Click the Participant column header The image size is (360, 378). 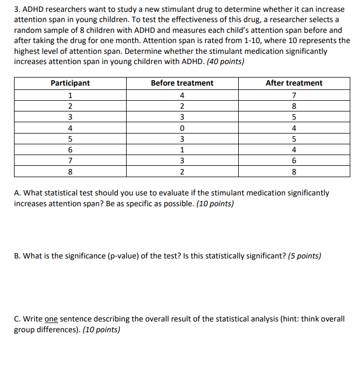coord(70,83)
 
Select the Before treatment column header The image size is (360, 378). coord(182,83)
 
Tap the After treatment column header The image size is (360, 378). coord(294,83)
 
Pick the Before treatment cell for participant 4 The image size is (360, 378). coord(182,128)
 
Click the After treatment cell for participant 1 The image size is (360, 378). coord(294,95)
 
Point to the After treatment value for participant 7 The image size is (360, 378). coord(294,161)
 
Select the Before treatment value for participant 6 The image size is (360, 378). coord(182,150)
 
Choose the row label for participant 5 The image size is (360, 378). coord(70,139)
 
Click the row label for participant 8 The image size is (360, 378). coord(70,172)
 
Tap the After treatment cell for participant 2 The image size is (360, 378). coord(294,106)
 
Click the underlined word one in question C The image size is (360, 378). coord(51,319)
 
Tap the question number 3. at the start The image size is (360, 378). coord(17,10)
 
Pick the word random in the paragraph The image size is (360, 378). coord(27,31)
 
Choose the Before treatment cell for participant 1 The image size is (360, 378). coord(182,95)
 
